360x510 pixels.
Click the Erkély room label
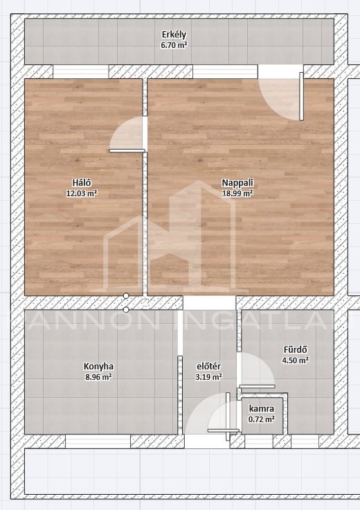pos(174,35)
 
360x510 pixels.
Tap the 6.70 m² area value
pos(174,45)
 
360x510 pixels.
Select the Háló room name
pos(82,182)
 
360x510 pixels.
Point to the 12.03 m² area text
pos(82,193)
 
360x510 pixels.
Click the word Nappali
pos(237,183)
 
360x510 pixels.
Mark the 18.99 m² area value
pos(237,193)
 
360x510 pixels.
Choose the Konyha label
pos(98,367)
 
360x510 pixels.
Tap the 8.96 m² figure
pos(98,377)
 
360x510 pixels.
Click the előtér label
pos(208,367)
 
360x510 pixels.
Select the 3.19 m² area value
pos(208,377)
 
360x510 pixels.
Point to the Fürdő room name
pos(296,350)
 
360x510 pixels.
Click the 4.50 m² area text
pos(296,360)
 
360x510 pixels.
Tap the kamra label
pos(262,409)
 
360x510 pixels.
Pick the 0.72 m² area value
pos(262,419)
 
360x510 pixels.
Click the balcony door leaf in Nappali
pos(302,96)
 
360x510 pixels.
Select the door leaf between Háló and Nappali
pos(127,150)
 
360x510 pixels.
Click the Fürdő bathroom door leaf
pos(258,387)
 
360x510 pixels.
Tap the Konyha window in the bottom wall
pos(98,441)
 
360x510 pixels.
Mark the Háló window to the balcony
pos(80,71)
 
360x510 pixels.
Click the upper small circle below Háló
pos(126,296)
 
